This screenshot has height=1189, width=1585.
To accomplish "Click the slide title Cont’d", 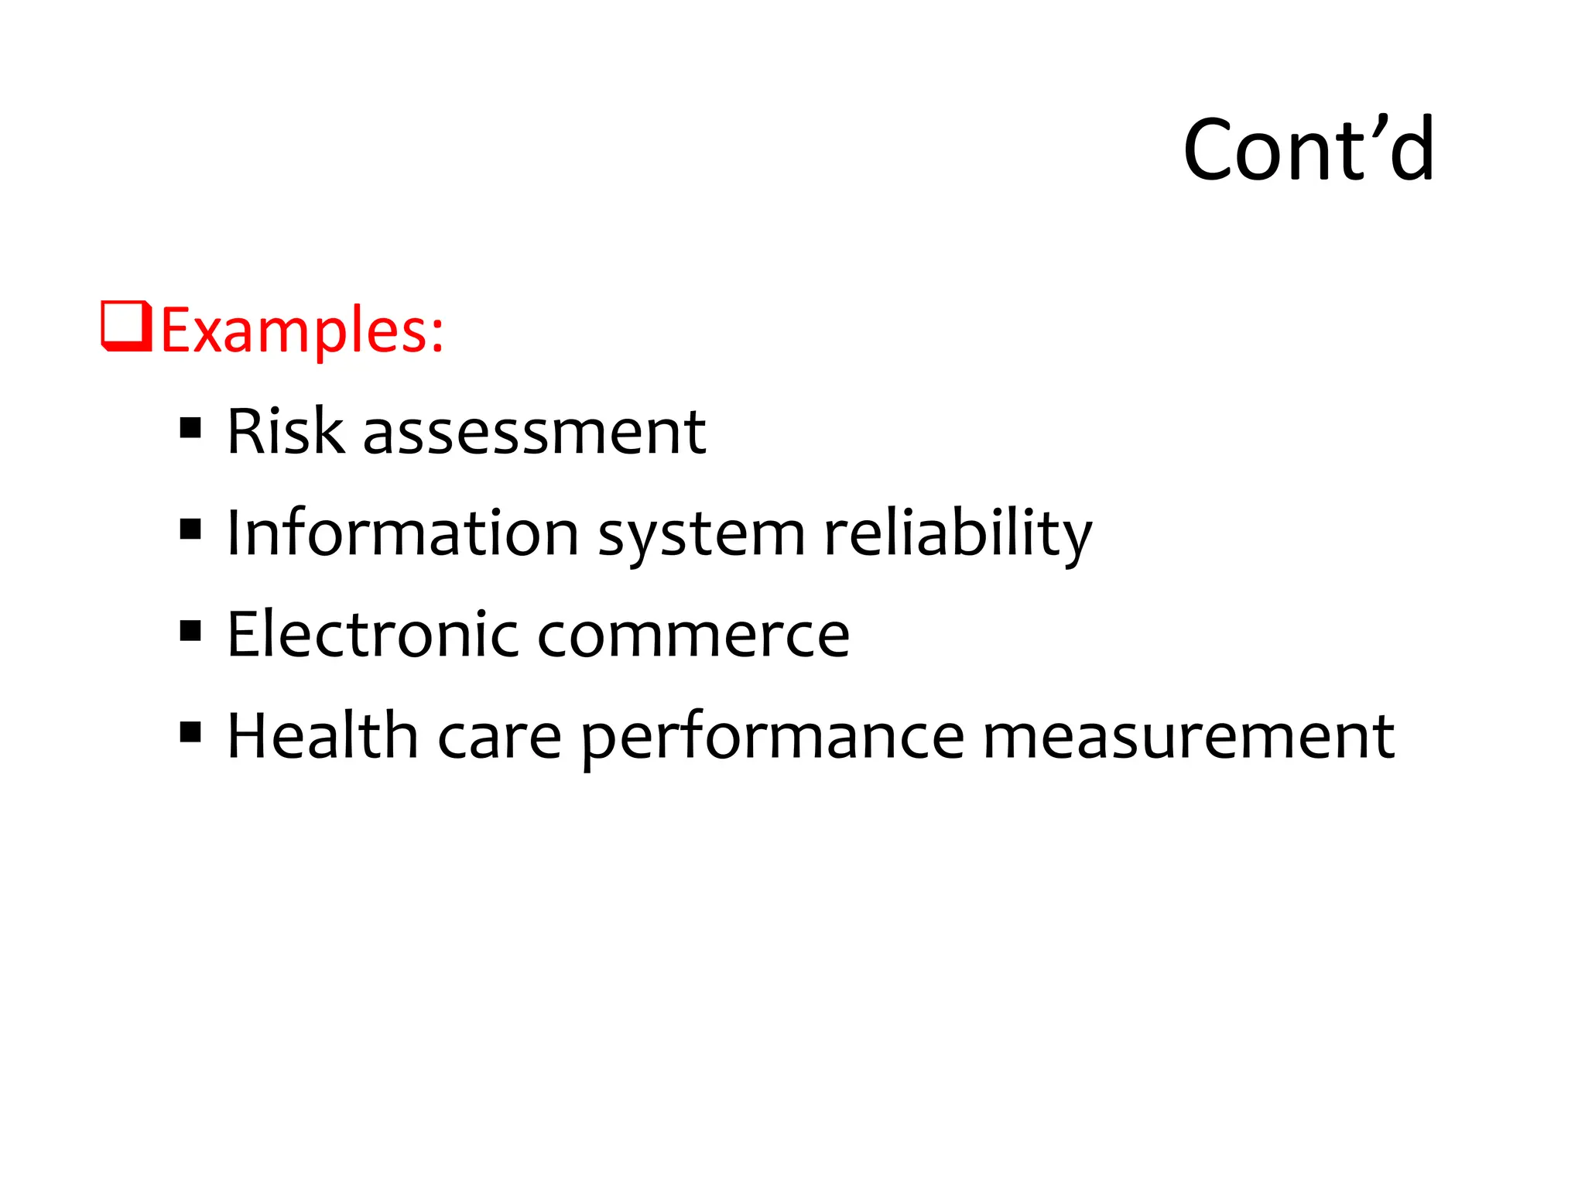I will pyautogui.click(x=1308, y=149).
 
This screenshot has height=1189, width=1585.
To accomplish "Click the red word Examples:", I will pyautogui.click(x=302, y=331).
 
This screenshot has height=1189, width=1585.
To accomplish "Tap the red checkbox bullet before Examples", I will pyautogui.click(x=126, y=327).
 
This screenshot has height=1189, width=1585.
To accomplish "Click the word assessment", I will pyautogui.click(x=534, y=432).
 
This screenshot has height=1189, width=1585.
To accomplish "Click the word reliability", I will pyautogui.click(x=958, y=534).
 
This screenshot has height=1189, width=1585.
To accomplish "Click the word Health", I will pyautogui.click(x=322, y=735).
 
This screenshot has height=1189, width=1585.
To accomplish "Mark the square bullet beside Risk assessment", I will pyautogui.click(x=190, y=428).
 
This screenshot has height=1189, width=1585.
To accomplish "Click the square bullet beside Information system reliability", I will pyautogui.click(x=190, y=529).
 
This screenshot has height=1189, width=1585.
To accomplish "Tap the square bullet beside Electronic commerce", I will pyautogui.click(x=190, y=631).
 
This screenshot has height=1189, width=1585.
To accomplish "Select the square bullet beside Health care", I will pyautogui.click(x=190, y=732).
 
